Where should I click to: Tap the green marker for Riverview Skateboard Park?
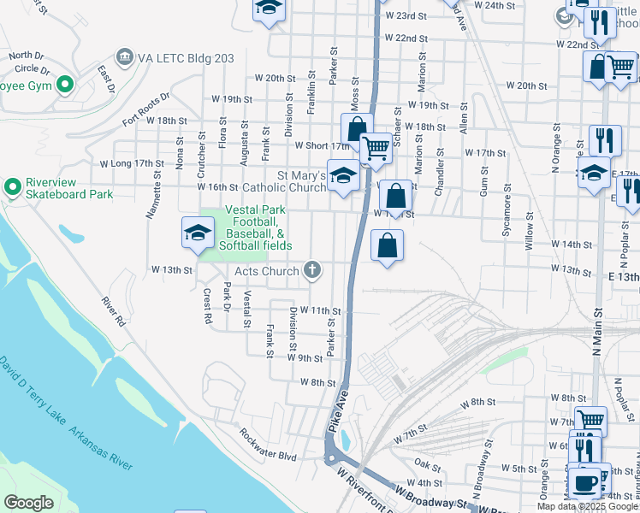13,186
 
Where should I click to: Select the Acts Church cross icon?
313,271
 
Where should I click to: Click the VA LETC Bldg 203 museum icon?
125,57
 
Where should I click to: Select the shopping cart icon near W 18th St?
376,147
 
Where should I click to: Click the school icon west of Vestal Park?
198,233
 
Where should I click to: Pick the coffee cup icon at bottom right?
585,483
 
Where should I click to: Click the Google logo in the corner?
29,504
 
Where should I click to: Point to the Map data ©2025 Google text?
587,506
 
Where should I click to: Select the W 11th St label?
320,311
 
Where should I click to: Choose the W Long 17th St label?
131,163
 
